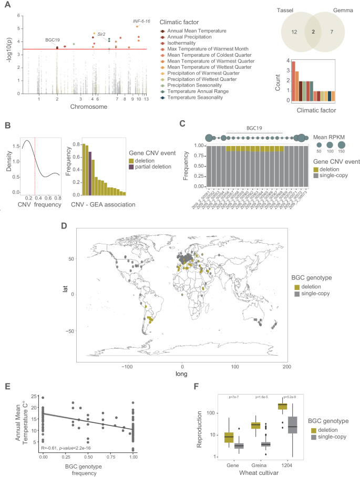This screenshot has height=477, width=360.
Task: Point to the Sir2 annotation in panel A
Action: (x=101, y=34)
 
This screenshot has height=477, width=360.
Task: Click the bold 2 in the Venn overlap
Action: (x=314, y=32)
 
